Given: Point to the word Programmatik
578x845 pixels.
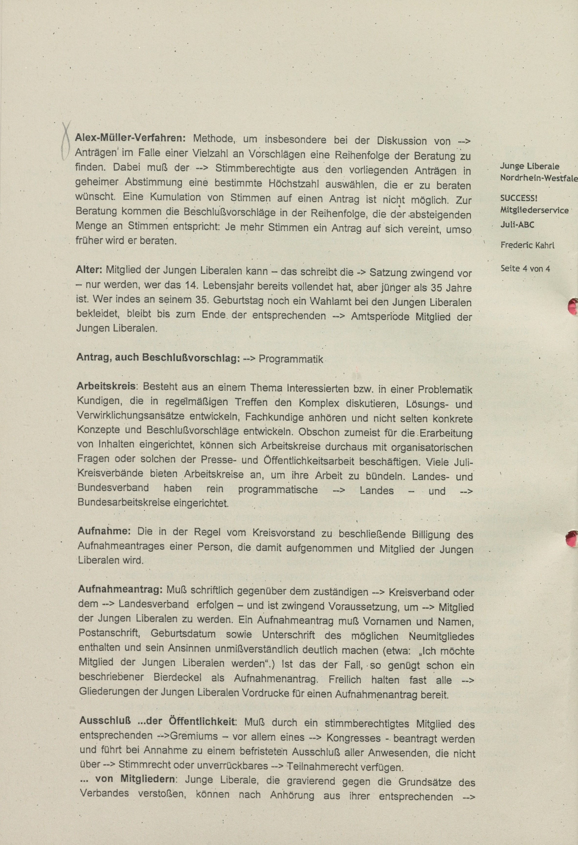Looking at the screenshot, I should point(291,359).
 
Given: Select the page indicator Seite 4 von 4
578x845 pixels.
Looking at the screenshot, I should point(525,269).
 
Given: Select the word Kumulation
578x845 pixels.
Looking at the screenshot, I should point(170,197).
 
